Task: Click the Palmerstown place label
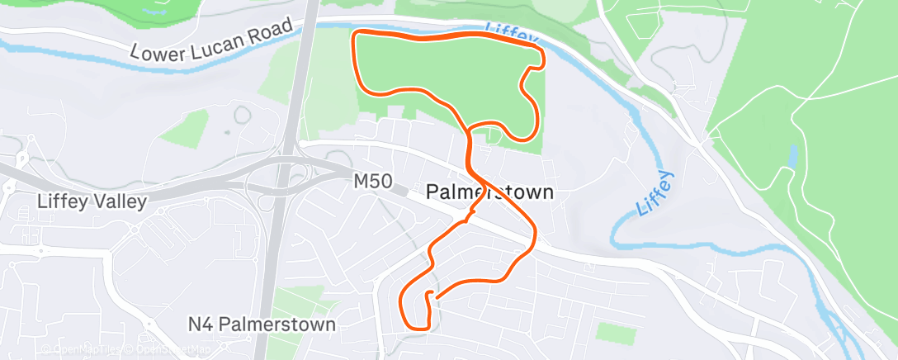(x=490, y=193)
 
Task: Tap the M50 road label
(x=373, y=179)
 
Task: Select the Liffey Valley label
(x=92, y=201)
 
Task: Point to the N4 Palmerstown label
(x=261, y=324)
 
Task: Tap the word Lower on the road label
(x=161, y=50)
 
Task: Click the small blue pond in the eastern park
(x=793, y=157)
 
